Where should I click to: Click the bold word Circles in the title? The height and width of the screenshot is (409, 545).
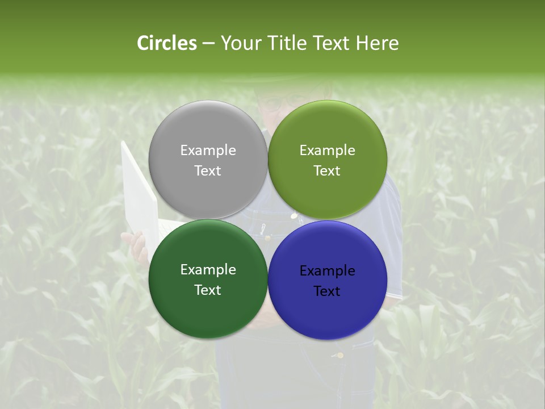coord(166,43)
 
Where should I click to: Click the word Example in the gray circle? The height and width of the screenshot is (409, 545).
coord(208,151)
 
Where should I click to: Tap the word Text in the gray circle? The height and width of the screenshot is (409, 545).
coord(208,171)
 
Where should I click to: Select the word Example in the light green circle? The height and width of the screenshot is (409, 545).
coord(327,151)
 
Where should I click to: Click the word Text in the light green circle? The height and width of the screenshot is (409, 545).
coord(327,171)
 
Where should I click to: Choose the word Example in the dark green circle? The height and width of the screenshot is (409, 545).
coord(208,270)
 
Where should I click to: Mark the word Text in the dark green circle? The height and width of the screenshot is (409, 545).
coord(208,290)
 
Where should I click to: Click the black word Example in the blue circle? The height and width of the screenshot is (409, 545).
coord(327,271)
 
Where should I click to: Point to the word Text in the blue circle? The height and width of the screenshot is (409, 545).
coord(327,291)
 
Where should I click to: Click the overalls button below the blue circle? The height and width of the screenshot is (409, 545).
coord(340,356)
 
